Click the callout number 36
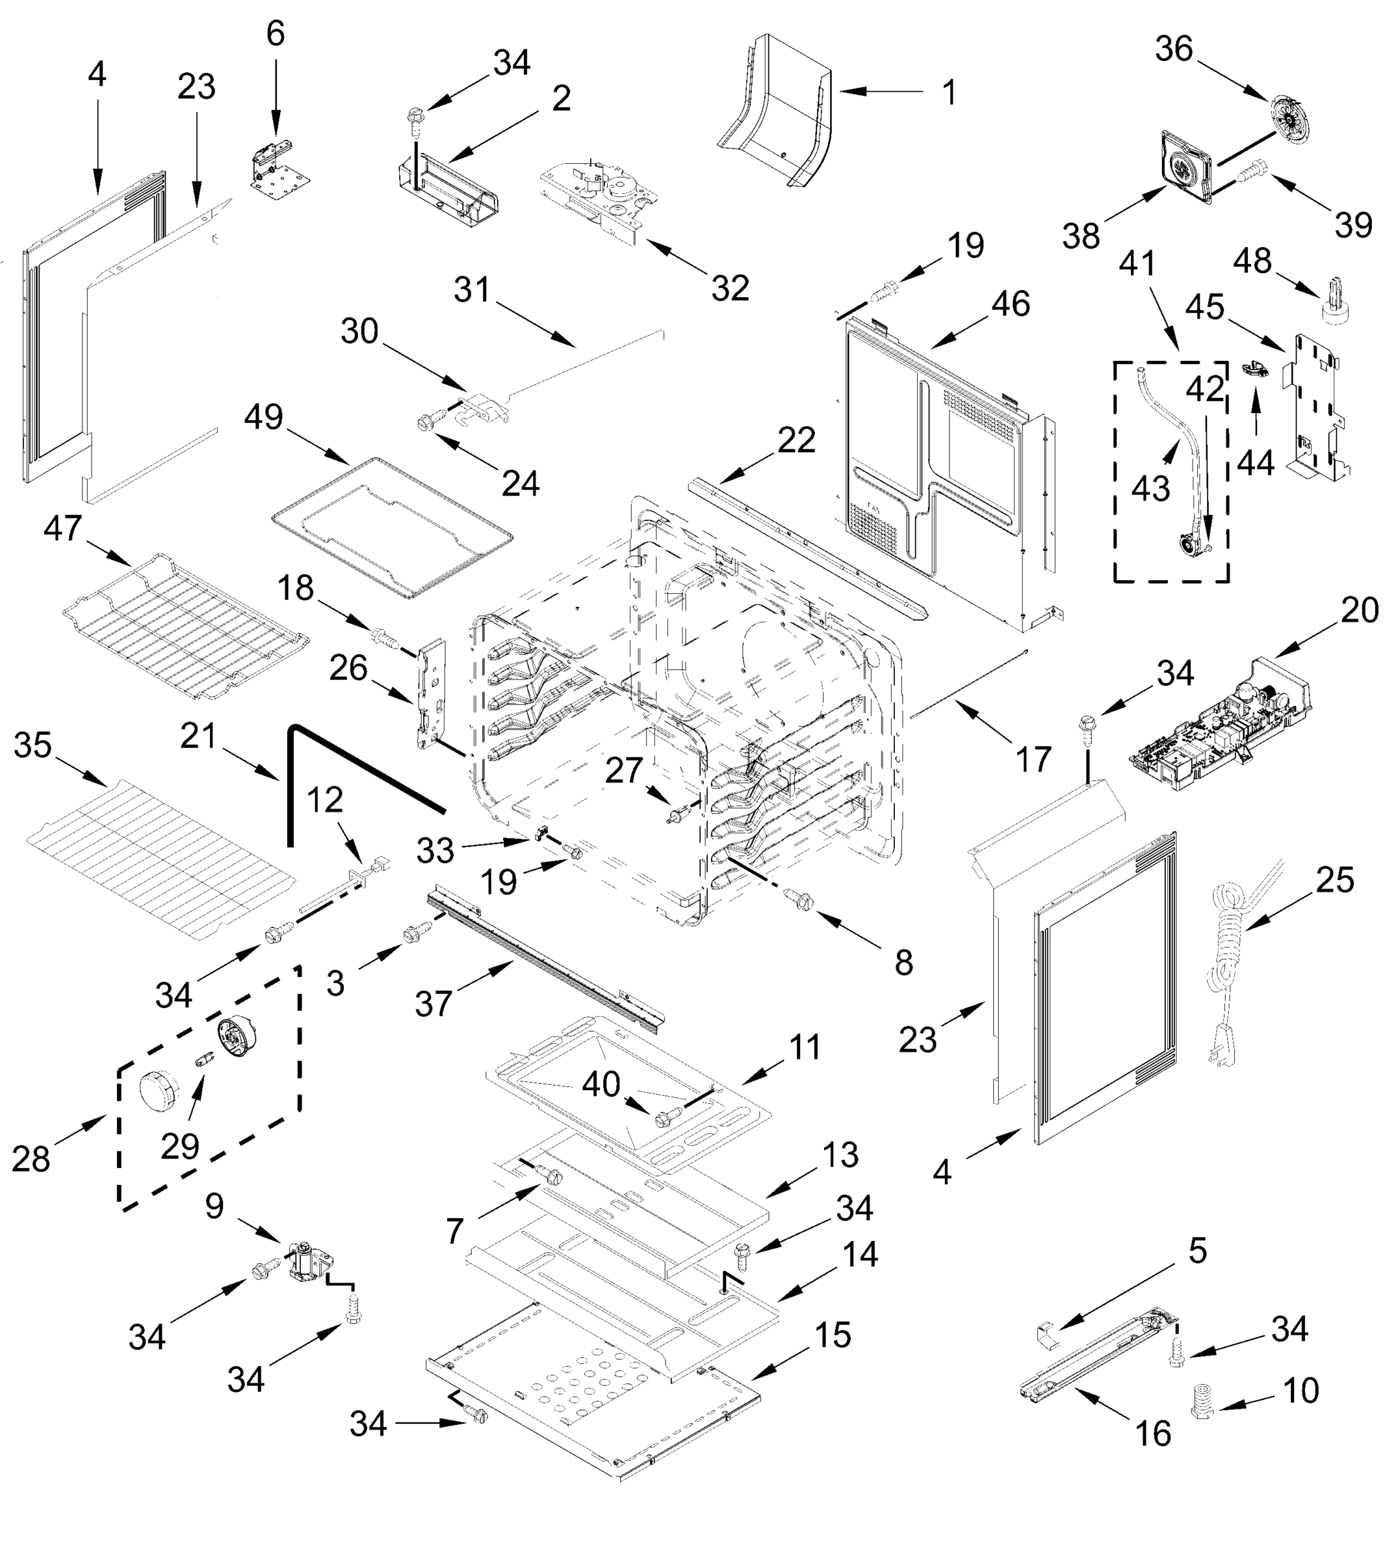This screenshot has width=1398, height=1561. click(x=1174, y=49)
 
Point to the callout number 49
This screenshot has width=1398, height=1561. click(x=263, y=418)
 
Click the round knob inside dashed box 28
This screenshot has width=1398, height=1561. click(x=158, y=1090)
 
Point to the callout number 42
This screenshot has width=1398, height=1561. click(x=1204, y=389)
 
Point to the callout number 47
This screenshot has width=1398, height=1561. click(x=62, y=528)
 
